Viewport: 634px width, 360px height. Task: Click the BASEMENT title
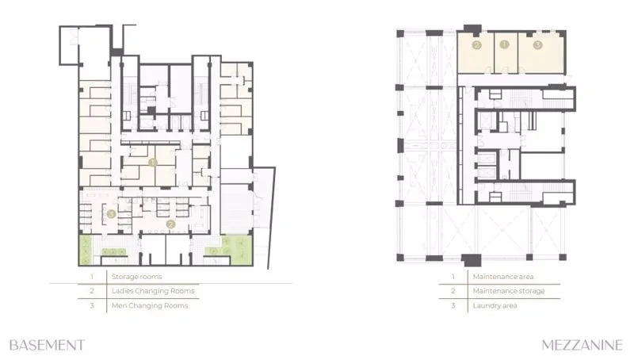coord(48,345)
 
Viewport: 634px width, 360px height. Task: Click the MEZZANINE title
coord(582,345)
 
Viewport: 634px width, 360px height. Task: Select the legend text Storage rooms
coord(136,277)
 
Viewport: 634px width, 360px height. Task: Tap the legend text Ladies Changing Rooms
coord(153,291)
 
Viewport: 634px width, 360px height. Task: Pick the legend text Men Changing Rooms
coord(150,305)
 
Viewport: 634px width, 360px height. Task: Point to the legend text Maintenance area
coord(503,277)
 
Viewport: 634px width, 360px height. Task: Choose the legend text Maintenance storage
coord(509,291)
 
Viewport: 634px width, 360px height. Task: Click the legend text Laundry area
coord(495,305)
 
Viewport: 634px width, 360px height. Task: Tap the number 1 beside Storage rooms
coord(92,277)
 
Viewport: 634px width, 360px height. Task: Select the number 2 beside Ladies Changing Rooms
coord(92,291)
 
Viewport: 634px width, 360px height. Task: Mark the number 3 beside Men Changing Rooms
coord(92,305)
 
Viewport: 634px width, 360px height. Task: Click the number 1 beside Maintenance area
coord(453,277)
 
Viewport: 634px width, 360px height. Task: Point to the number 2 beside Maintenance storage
coord(453,291)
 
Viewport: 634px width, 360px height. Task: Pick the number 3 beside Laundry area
coord(453,305)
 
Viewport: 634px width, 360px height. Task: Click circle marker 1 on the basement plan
coord(152,163)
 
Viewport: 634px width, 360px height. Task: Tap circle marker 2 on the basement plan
coord(170,224)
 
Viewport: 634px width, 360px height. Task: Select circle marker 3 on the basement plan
coord(111,213)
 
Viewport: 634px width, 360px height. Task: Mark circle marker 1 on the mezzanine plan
coord(504,44)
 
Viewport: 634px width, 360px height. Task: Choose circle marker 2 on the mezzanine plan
coord(477,45)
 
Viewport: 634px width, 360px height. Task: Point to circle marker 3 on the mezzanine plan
coord(537,45)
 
